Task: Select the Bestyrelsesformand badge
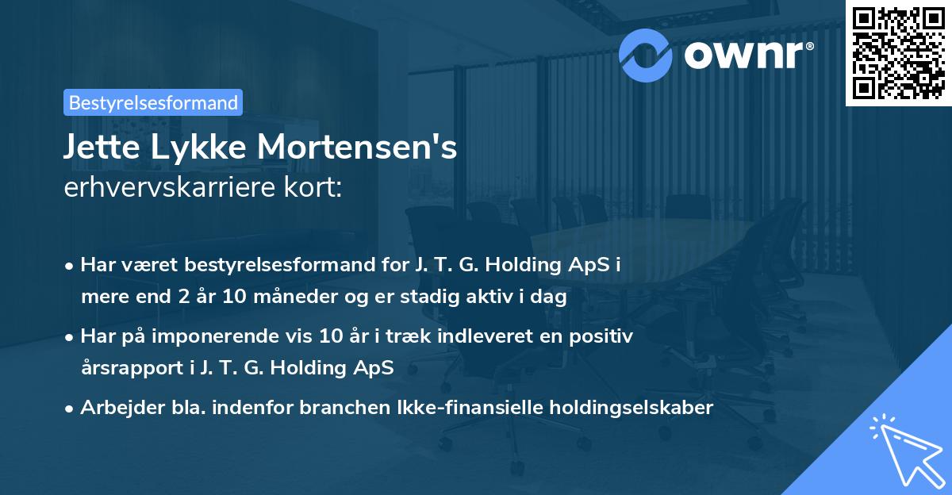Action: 153,102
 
